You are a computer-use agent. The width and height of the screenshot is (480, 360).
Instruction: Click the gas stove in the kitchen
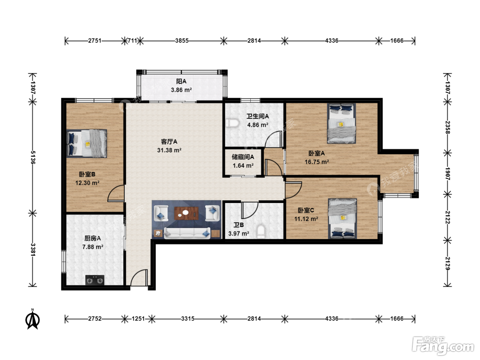(95, 280)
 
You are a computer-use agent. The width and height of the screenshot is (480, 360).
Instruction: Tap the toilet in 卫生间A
(232, 123)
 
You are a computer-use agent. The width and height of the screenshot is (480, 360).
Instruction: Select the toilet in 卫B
(261, 232)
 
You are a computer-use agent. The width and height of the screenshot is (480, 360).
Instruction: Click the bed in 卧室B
(87, 143)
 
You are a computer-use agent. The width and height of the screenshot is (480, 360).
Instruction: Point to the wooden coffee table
(186, 213)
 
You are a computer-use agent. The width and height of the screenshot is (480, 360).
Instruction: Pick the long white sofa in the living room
(187, 233)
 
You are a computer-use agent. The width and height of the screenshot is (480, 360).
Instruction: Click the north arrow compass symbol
(33, 319)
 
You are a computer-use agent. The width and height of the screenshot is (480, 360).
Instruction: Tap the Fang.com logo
(443, 346)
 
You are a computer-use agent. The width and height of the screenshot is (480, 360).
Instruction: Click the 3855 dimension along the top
(182, 41)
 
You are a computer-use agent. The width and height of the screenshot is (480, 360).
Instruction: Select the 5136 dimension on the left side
(33, 157)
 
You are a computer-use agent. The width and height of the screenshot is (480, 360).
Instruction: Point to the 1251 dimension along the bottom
(138, 319)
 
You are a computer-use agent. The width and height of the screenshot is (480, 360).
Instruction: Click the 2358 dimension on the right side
(447, 127)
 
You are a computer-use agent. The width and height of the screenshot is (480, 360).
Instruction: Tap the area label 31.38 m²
(169, 150)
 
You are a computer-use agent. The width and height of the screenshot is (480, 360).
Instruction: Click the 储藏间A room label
(243, 157)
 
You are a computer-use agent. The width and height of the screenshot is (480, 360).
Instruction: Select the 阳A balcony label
(181, 81)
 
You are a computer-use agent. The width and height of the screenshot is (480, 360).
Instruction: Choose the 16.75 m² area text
(317, 162)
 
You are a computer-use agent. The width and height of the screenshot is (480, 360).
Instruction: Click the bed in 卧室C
(343, 219)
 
